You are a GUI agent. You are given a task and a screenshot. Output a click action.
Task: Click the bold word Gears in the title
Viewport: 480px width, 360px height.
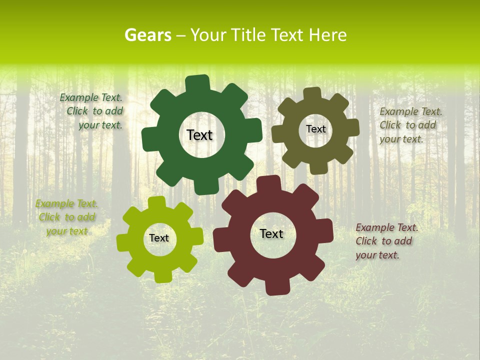pos(147,35)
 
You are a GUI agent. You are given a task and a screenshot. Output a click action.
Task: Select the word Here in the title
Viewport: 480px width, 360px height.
pos(328,35)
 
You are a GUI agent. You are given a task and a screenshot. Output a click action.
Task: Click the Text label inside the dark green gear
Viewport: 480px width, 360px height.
pos(199,135)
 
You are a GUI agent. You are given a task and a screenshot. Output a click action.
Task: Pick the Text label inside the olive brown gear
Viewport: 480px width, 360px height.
pos(315,129)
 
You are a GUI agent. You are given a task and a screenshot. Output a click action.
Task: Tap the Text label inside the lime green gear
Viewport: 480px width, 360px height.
pos(159,238)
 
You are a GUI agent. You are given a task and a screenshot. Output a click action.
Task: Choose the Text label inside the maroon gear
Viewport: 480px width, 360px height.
pos(271,233)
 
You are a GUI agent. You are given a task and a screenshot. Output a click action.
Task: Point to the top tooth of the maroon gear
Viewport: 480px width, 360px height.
pos(270,184)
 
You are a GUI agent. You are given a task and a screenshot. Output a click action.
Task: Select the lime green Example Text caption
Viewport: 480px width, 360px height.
pos(66,217)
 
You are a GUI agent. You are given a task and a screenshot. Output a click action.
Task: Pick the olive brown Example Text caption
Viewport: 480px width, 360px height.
pos(410,125)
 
